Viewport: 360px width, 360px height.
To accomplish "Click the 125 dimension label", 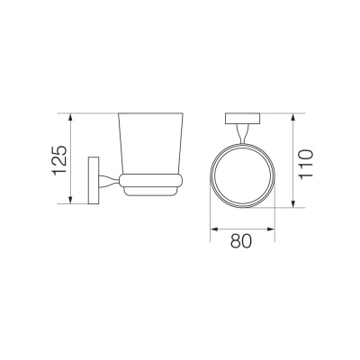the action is pos(59,160).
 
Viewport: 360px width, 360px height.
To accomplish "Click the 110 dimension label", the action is pos(306,164).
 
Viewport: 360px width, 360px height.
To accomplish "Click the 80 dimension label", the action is pos(241,241).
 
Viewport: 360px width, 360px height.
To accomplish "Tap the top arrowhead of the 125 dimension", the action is pos(70,117).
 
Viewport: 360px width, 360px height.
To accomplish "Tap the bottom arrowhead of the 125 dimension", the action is pos(70,200).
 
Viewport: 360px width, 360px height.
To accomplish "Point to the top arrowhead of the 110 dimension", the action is pos(293,117).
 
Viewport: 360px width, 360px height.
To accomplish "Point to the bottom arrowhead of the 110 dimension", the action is pos(293,203).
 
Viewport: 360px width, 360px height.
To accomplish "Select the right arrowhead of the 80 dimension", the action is pos(271,229).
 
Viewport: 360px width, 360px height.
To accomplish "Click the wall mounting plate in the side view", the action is pos(94,180).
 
